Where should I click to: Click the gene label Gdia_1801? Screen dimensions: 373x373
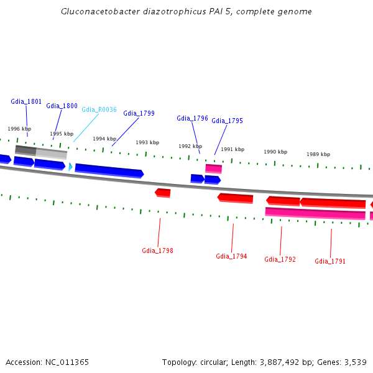(x=26, y=101)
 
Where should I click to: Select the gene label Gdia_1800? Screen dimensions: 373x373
(x=62, y=106)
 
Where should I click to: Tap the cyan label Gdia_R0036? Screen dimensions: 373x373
(x=99, y=109)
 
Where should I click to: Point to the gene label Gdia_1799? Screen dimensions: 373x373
(x=139, y=113)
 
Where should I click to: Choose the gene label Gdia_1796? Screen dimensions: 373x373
(x=192, y=118)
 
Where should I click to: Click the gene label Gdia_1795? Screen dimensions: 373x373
(x=227, y=121)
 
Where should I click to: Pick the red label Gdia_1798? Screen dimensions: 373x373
(x=157, y=251)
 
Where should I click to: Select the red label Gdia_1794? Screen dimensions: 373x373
(x=231, y=256)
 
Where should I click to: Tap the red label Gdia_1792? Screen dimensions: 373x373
(x=280, y=259)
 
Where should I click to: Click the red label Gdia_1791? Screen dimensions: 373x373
(x=330, y=261)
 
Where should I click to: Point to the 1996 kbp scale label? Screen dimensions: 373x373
(x=19, y=129)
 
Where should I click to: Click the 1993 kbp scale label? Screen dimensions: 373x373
(x=147, y=142)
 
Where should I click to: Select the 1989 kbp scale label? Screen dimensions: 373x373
(x=318, y=154)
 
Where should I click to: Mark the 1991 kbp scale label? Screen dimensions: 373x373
(x=233, y=149)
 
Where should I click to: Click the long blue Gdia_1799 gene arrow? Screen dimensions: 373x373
(x=109, y=170)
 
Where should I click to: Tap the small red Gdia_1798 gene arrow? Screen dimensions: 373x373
(x=163, y=193)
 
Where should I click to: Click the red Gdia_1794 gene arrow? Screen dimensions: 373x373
(x=236, y=198)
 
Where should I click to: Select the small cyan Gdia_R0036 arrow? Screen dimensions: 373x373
(x=70, y=167)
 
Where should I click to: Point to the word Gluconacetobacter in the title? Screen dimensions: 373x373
(x=96, y=12)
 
